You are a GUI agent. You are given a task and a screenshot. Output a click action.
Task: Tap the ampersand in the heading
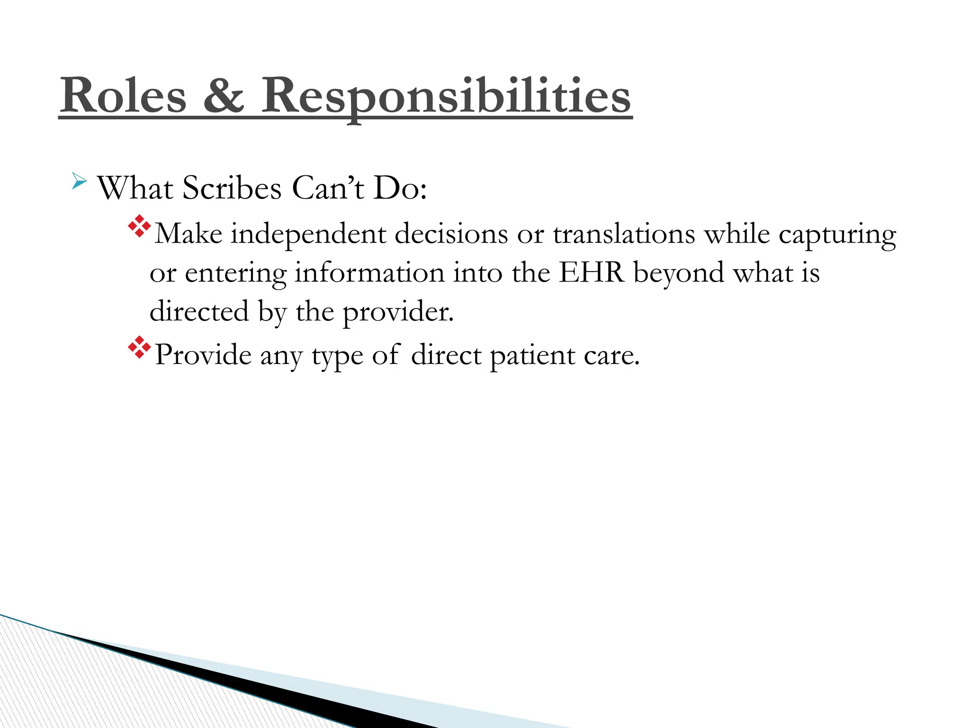(x=224, y=96)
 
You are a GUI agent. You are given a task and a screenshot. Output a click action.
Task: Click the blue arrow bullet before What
(x=79, y=181)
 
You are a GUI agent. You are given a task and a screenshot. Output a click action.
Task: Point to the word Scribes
(x=232, y=188)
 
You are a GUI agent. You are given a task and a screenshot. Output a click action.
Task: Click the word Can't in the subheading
(x=328, y=188)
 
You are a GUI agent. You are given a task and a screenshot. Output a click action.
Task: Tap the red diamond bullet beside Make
(x=139, y=227)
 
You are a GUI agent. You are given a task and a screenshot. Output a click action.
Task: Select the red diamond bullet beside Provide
(x=139, y=347)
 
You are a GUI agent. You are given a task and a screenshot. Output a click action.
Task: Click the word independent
(x=308, y=234)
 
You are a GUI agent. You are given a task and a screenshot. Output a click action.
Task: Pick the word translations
(x=624, y=234)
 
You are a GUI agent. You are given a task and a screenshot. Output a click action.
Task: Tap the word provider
(x=398, y=312)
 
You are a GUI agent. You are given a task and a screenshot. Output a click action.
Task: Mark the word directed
(x=199, y=311)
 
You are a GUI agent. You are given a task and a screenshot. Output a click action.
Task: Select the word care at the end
(x=611, y=355)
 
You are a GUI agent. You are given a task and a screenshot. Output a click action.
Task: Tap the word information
(x=369, y=273)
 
